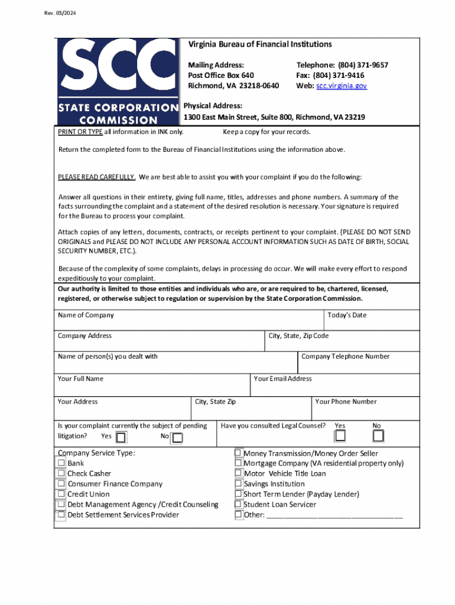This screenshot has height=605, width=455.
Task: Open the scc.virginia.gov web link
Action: click(342, 86)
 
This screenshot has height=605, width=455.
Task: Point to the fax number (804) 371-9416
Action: click(339, 76)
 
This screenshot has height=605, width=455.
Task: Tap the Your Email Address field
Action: click(335, 388)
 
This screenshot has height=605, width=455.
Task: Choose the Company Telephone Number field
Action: click(358, 365)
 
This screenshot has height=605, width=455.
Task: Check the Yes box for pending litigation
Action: click(121, 438)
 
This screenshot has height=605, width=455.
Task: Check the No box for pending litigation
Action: click(177, 438)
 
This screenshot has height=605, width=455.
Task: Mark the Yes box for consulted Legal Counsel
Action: click(340, 436)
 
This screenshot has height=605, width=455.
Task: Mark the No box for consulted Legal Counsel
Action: click(378, 436)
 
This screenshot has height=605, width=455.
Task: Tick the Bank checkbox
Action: click(61, 463)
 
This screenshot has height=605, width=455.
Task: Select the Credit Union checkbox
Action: click(61, 494)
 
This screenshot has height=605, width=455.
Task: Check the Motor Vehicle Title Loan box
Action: click(238, 473)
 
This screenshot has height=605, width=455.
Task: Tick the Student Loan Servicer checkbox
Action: click(238, 505)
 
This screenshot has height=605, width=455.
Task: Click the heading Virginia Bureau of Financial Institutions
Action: click(260, 44)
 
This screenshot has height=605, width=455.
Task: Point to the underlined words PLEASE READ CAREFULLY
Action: click(97, 177)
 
